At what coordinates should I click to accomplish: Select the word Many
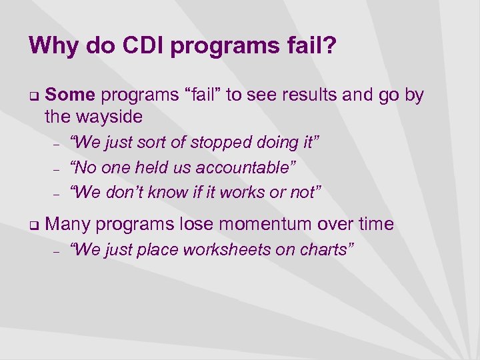[69, 224]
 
